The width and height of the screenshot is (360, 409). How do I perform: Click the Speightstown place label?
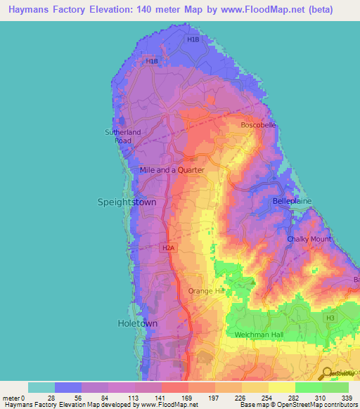[126, 202]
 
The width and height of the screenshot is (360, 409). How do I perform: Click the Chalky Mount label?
[309, 239]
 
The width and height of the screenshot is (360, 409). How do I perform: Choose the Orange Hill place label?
[206, 291]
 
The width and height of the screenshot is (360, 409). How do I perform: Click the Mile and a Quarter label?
[172, 170]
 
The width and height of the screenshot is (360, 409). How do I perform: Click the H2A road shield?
[167, 248]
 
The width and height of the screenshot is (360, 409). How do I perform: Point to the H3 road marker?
[330, 318]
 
